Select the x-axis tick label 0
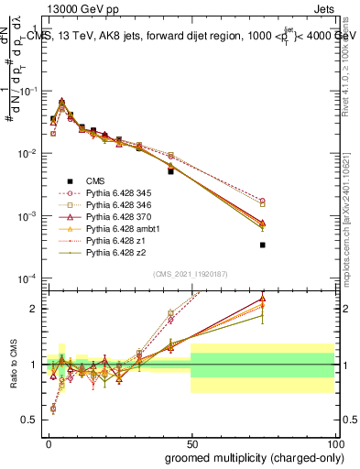pos(48,442)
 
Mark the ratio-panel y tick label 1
pos(37,365)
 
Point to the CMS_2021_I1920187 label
pos(191,273)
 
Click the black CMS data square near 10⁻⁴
pos(263,245)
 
